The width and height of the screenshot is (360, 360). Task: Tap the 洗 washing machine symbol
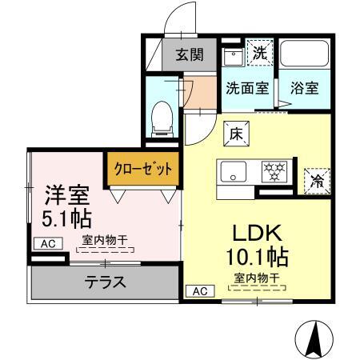pyautogui.click(x=259, y=53)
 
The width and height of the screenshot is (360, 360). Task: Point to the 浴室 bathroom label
pyautogui.click(x=304, y=87)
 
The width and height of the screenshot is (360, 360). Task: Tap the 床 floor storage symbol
pyautogui.click(x=237, y=134)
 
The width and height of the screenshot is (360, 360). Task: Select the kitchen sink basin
pyautogui.click(x=234, y=170)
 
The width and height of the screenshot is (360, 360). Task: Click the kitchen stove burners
pyautogui.click(x=275, y=170)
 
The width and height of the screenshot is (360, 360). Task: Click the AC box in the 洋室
pyautogui.click(x=46, y=244)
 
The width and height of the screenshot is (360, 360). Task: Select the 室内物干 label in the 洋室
pyautogui.click(x=104, y=238)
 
